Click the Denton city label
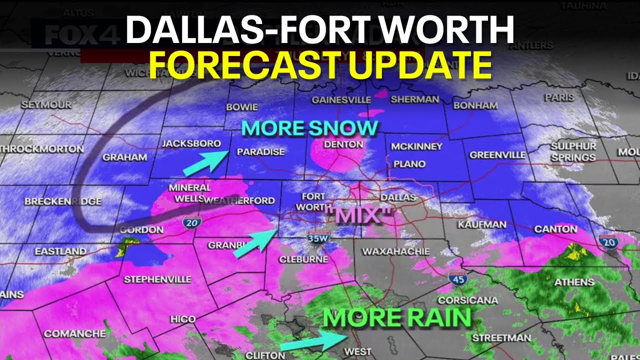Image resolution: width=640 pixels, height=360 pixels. [x=343, y=144]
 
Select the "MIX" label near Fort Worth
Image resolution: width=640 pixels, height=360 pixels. [x=357, y=215]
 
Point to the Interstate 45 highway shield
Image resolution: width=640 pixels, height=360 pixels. [x=457, y=279]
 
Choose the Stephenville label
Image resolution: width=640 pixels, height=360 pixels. [x=157, y=279]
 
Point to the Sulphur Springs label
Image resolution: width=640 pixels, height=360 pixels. [x=573, y=151]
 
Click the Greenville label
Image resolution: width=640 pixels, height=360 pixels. [x=497, y=155]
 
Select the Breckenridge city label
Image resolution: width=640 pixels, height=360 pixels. [x=63, y=201]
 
